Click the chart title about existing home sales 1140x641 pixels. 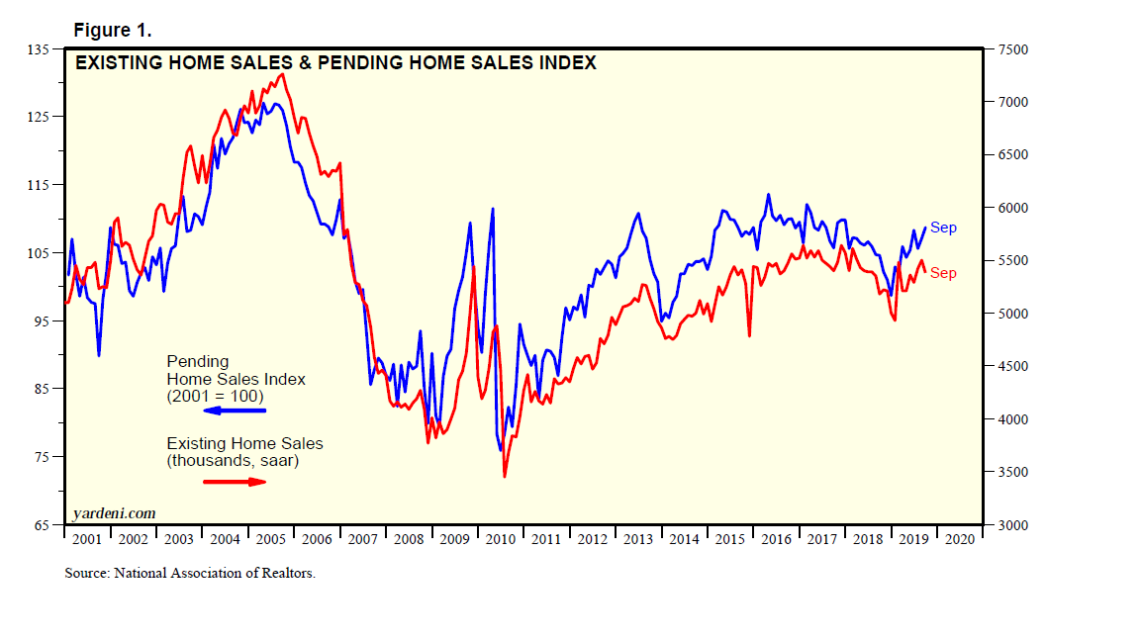(336, 62)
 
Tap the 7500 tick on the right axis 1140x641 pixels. (1013, 49)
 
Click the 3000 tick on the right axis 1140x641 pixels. (1013, 525)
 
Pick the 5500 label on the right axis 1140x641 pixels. (1013, 261)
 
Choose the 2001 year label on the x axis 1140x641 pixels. (87, 539)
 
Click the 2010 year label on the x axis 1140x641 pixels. (501, 539)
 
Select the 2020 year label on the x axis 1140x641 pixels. (959, 539)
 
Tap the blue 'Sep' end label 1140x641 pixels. (943, 229)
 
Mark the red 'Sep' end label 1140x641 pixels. (943, 273)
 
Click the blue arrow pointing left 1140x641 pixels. (235, 410)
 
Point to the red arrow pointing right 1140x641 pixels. (235, 482)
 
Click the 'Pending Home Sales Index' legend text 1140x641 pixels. (236, 378)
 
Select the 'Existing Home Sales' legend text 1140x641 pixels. (244, 443)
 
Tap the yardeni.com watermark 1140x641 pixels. (115, 512)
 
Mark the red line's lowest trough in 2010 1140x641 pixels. (505, 477)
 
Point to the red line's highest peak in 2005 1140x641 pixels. (283, 74)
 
